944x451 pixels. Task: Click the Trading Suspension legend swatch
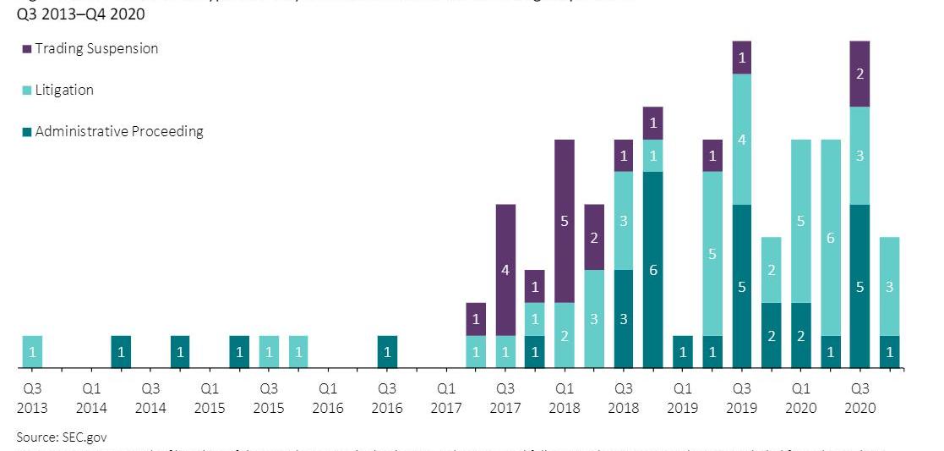[27, 49]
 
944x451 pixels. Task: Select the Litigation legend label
[64, 90]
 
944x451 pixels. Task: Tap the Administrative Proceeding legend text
[119, 131]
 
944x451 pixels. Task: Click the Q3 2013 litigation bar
[32, 352]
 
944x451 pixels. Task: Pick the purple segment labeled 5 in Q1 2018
[565, 221]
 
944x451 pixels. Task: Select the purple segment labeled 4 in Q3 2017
[505, 270]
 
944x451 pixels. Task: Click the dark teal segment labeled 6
[653, 270]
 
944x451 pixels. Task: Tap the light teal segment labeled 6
[831, 237]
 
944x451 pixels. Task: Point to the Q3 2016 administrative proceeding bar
[387, 352]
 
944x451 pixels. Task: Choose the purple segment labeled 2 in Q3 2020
[860, 74]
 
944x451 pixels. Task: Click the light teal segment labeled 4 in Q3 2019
[742, 139]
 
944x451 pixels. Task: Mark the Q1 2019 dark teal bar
[683, 352]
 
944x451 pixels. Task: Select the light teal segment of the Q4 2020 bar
[889, 286]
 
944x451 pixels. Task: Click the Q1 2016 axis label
[328, 399]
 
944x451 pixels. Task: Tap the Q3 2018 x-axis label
[624, 399]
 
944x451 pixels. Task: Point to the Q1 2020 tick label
[801, 399]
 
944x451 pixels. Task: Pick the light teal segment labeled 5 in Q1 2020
[801, 221]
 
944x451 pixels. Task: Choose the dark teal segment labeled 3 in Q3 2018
[624, 319]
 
